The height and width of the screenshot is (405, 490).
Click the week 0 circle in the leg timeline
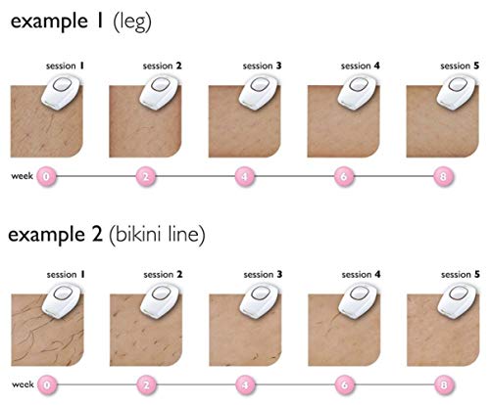[46, 176]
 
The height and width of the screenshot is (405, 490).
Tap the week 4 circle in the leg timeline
[245, 176]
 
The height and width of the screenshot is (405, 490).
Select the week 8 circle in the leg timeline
[443, 176]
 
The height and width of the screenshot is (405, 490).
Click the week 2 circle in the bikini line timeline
[146, 385]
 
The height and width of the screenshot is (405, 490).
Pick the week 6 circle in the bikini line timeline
[344, 385]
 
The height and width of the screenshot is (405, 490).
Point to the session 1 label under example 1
[65, 66]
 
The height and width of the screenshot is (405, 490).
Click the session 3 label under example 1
[262, 66]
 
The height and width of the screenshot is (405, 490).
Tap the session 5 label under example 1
[460, 66]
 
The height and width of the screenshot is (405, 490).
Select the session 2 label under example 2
[163, 275]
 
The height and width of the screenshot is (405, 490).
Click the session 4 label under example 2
[361, 275]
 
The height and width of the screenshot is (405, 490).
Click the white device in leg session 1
[62, 93]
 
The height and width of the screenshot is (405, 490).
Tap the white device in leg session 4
[359, 93]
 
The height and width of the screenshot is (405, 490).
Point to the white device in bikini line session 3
[261, 301]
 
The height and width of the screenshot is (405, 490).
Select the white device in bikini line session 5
[458, 301]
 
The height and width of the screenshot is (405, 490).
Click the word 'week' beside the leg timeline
[22, 176]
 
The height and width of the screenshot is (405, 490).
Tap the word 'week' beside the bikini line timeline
[23, 384]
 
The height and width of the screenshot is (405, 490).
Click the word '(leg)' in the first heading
[132, 22]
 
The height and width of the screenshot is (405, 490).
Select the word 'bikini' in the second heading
[138, 234]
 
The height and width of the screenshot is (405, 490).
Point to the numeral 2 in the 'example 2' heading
[97, 234]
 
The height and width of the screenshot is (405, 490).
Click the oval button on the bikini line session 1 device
[62, 293]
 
